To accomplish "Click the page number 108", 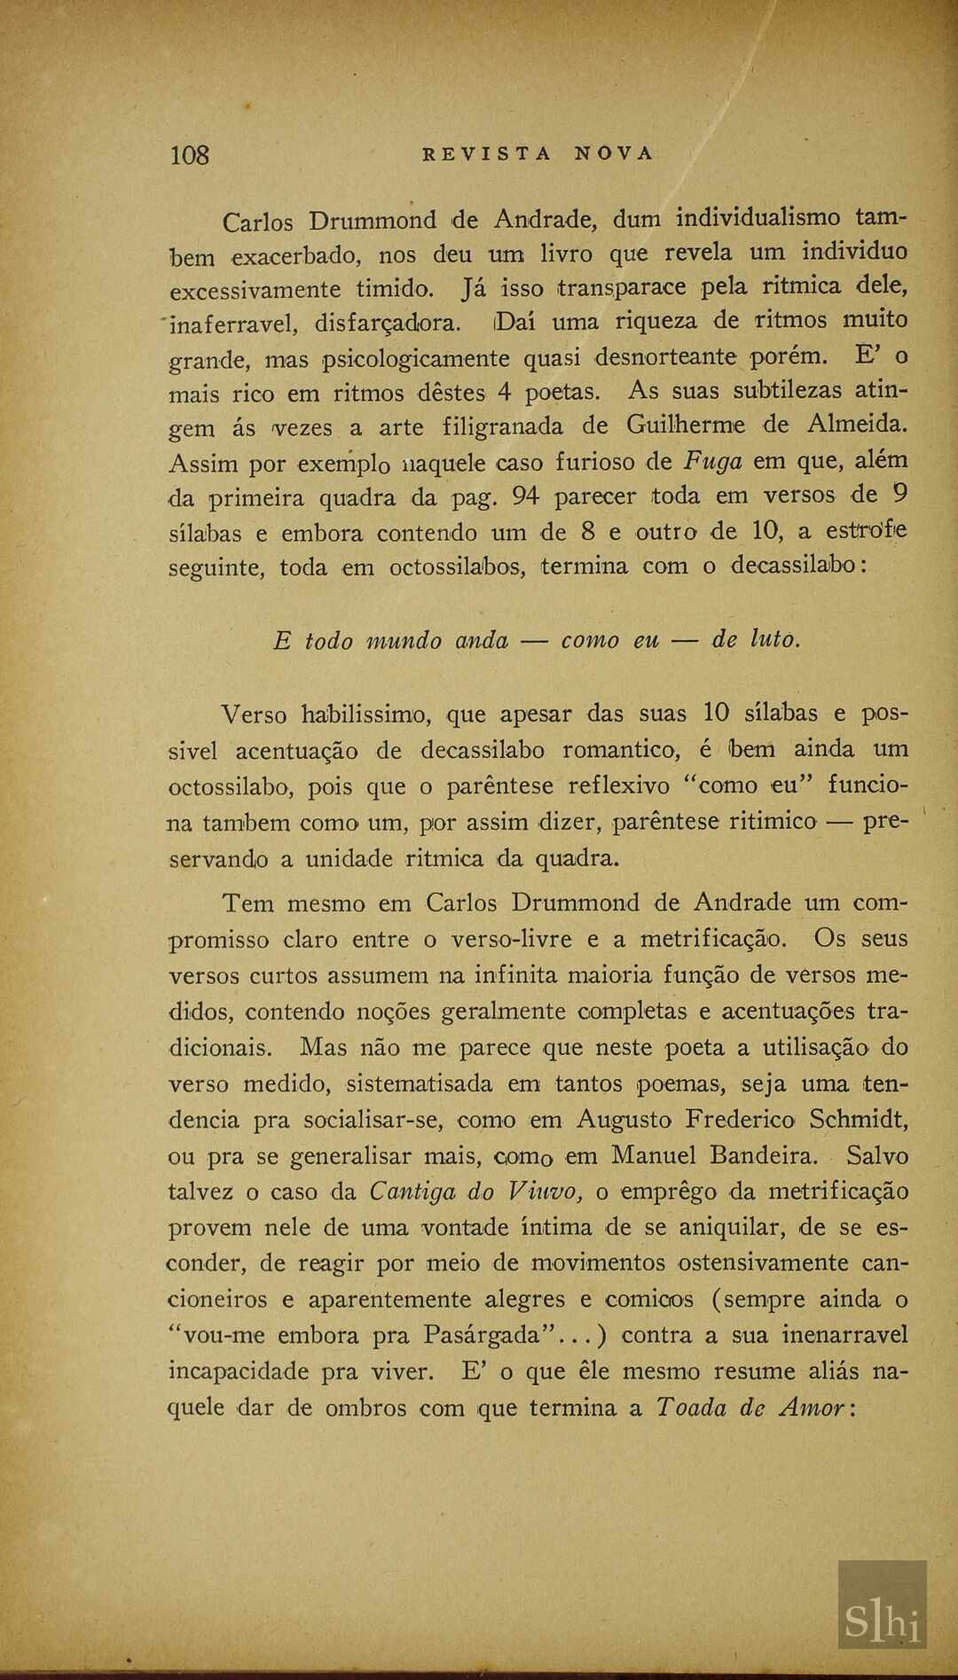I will [x=189, y=155].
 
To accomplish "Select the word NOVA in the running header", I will [x=614, y=153].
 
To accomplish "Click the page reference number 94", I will [x=525, y=496].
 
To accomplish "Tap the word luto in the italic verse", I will [x=774, y=639].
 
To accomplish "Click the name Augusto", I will [x=624, y=1120].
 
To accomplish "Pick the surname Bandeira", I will [x=762, y=1155].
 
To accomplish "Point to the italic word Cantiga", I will [x=412, y=1191].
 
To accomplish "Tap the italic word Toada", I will [x=690, y=1408].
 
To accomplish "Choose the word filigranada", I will [x=502, y=426].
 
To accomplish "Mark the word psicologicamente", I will [x=414, y=359].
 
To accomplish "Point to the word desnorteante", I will [x=665, y=357].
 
